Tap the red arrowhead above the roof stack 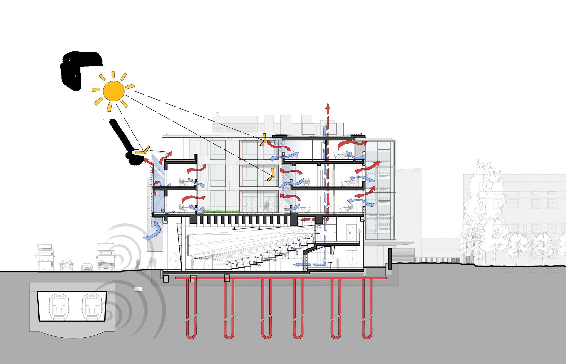tap(327, 107)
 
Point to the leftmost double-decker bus tap(46, 257)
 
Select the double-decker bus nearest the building tap(106, 257)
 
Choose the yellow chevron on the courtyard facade tap(271, 175)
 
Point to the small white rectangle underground tap(138, 289)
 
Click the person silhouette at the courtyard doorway tap(267, 206)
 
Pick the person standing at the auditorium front tap(192, 263)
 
